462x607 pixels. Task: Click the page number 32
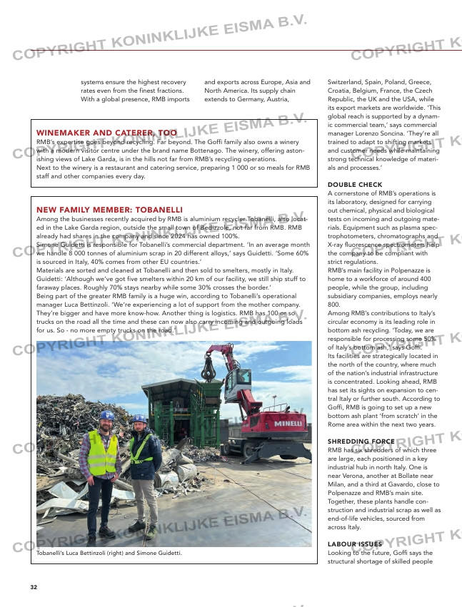pos(34,587)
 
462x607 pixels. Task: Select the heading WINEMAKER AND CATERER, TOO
pos(106,133)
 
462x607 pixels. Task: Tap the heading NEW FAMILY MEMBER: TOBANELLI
pos(109,210)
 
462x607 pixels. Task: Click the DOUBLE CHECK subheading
pos(355,185)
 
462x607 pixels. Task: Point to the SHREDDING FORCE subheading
pos(361,442)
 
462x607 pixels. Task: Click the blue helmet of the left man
pos(106,415)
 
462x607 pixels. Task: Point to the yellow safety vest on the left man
pos(104,452)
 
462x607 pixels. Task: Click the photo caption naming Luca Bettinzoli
pos(109,553)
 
